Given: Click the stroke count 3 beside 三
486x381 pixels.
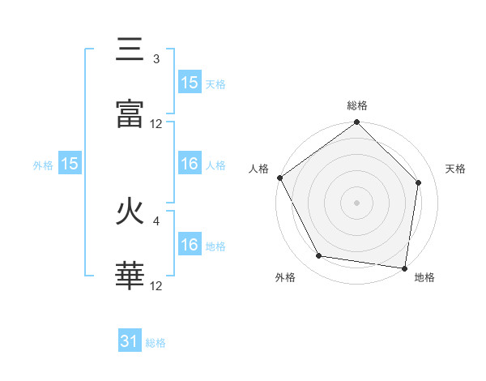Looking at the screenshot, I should (x=156, y=59).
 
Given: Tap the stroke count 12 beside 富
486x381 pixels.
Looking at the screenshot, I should (x=156, y=124).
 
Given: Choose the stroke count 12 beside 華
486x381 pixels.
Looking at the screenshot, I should (x=156, y=286).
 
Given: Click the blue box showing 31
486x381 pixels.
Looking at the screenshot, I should (x=130, y=342).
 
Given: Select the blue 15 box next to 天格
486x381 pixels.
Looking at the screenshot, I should (x=190, y=83).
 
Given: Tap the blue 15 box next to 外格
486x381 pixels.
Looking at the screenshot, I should (x=70, y=164).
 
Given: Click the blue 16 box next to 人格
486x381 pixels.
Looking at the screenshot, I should (x=190, y=164).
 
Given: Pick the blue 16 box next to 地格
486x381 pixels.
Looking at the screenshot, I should (x=190, y=245).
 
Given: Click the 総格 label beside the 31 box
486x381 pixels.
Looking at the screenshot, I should (x=156, y=343).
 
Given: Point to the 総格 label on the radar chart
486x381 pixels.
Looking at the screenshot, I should (x=357, y=105).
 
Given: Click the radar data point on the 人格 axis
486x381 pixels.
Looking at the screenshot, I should (x=280, y=178).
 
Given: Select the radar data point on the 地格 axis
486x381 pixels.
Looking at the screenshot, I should (x=404, y=268).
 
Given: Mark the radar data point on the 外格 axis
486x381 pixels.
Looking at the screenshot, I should (x=319, y=256).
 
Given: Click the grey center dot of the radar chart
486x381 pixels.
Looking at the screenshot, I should (x=357, y=203).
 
